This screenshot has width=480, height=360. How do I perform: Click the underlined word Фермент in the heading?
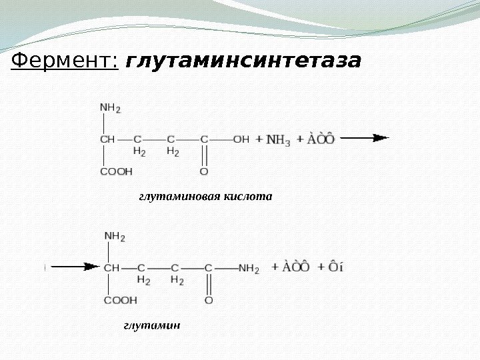coord(64,62)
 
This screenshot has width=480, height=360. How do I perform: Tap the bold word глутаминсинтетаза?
coord(243,62)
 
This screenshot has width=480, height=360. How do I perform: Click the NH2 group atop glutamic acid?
coord(110,107)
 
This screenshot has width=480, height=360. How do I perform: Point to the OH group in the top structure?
coord(241,139)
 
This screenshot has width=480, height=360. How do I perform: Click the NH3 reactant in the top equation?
coord(278,140)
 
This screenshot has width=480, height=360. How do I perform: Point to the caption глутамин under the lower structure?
coord(152,325)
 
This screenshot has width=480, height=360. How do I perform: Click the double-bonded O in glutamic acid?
coord(204,171)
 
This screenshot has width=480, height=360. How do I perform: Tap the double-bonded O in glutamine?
coord(209,301)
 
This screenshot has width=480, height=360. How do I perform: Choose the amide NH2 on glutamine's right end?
coord(249,269)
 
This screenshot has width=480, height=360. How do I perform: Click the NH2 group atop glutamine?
coord(115,236)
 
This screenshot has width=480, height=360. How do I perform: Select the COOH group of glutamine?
coord(120,301)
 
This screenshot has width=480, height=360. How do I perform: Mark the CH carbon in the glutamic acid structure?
coord(107,139)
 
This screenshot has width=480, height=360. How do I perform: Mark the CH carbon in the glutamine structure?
coord(111,268)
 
